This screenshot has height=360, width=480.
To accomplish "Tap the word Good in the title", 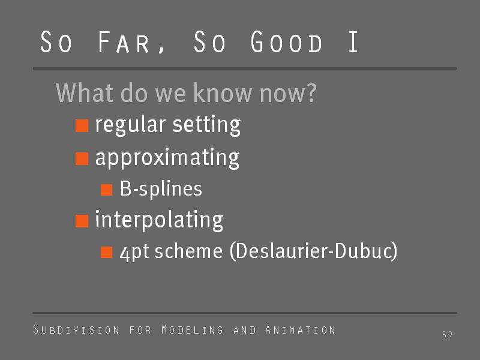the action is pos(286,41).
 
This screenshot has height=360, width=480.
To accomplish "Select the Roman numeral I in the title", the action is pos(353,41).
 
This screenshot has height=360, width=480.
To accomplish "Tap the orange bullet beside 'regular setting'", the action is pos(82,126).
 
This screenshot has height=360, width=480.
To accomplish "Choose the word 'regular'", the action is pos(130,125).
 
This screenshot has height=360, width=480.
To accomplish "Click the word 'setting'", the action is pos(206,125).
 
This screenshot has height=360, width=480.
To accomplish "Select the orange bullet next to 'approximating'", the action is pos(82,158).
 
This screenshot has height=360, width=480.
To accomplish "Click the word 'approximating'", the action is pos(167,158).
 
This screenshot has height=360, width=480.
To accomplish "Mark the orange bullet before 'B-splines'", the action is pos(107,190).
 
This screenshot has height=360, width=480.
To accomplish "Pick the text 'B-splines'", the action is pos(161,188).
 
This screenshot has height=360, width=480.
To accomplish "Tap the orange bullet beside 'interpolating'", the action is pos(82,221).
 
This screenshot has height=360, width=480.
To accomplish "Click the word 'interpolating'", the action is pos(159,220).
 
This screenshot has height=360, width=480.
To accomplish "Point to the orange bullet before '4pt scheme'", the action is pos(107,252).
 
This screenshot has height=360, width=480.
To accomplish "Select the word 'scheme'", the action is pos(188,251).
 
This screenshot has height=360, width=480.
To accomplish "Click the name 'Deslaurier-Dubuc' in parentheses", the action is pos(313,251).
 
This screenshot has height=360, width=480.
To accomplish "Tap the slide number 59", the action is pos(447,335).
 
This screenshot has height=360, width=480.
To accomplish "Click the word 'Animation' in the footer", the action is pos(301,329).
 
